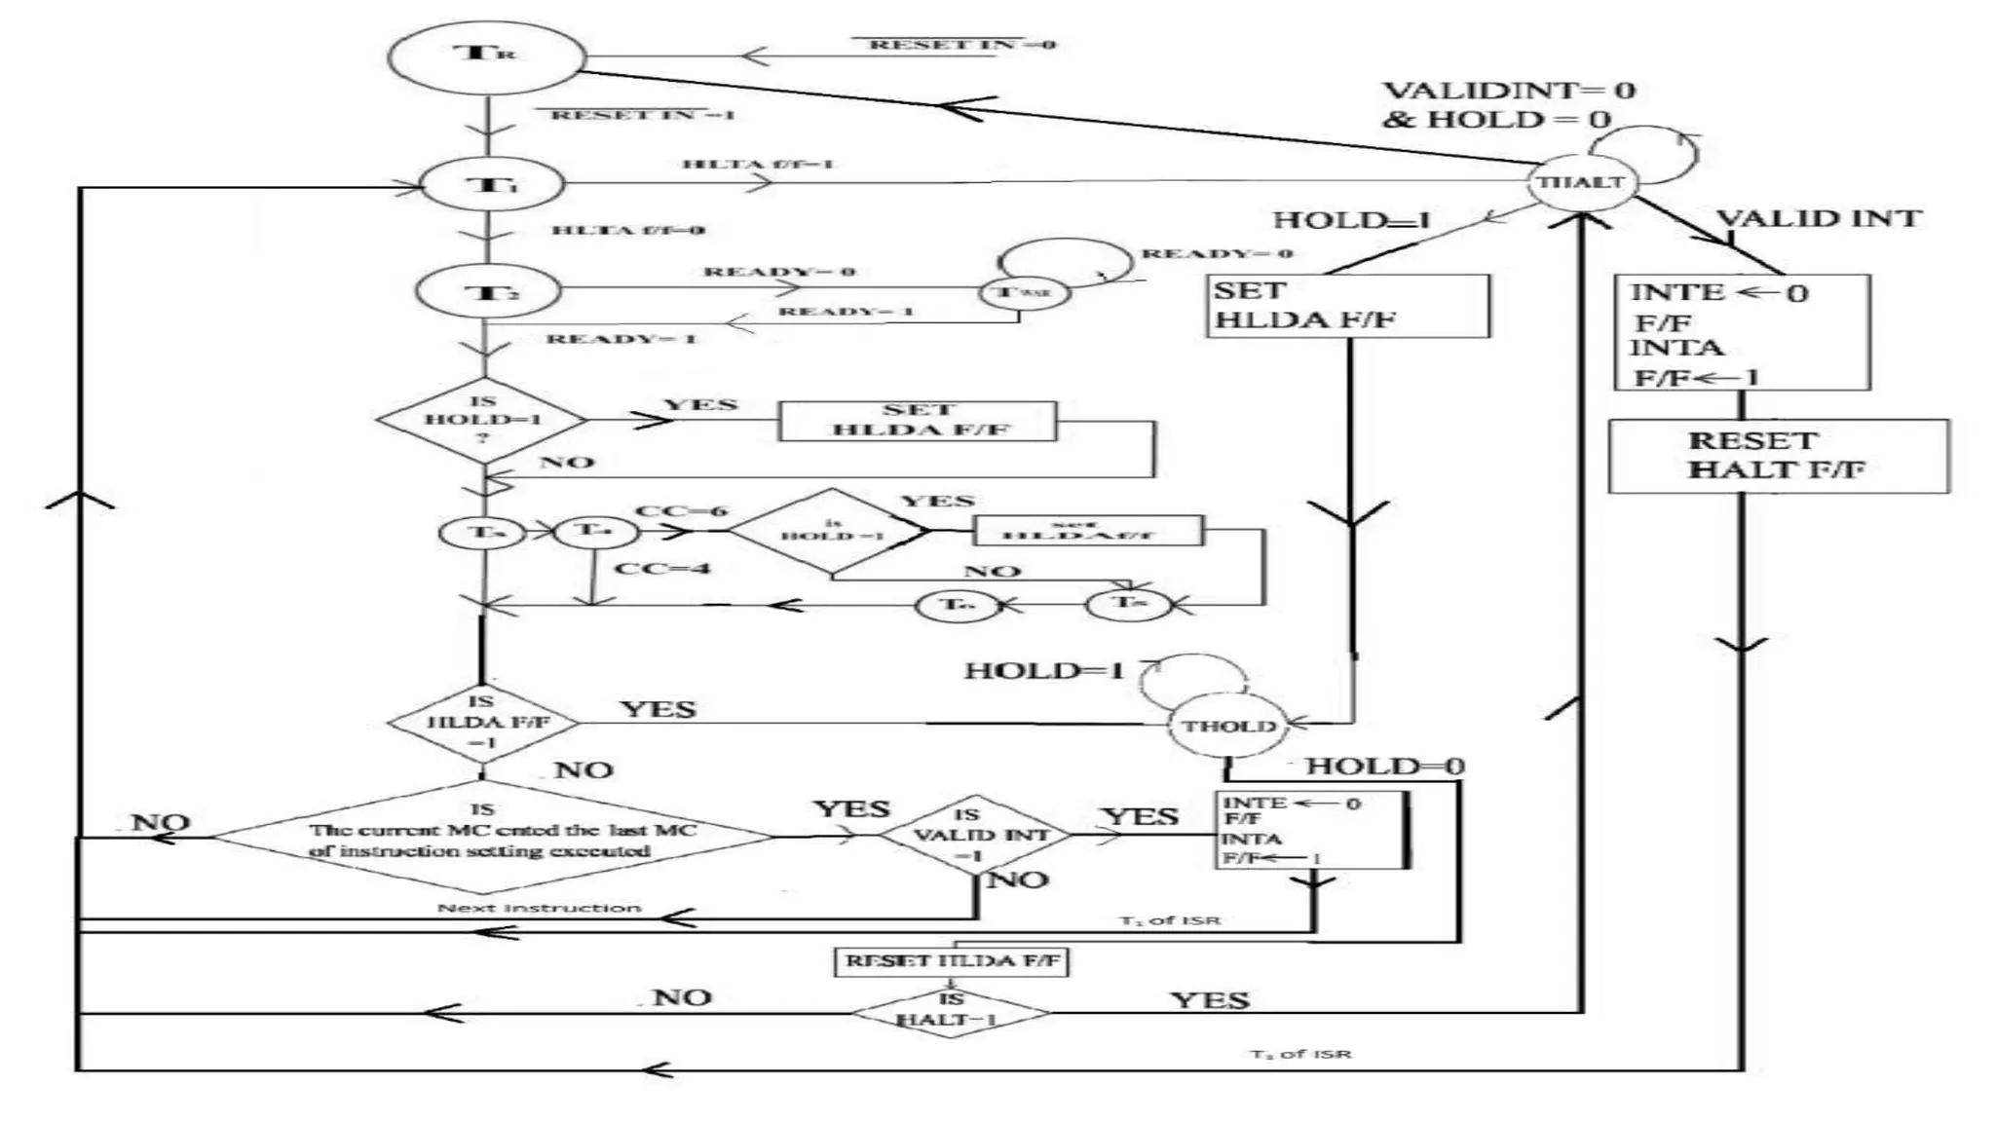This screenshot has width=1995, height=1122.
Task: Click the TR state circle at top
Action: (x=486, y=57)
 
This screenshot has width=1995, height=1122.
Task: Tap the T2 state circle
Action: (x=488, y=291)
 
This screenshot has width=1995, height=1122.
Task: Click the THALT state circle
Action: (x=1581, y=181)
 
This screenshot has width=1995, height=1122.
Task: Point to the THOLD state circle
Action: (x=1227, y=726)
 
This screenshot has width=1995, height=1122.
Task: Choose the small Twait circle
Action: (x=1024, y=292)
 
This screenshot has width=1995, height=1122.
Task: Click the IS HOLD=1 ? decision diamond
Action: (x=482, y=420)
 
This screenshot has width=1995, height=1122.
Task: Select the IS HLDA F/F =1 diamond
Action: (x=483, y=723)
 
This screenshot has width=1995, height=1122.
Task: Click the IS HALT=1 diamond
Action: (x=951, y=1013)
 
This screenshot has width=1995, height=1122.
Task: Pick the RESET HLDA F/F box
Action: (x=952, y=961)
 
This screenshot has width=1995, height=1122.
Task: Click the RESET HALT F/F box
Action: (x=1778, y=456)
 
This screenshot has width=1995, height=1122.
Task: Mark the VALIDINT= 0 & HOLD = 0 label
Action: (x=1508, y=105)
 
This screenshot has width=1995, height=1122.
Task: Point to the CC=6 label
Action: (x=681, y=511)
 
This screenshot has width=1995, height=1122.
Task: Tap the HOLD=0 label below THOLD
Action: (x=1384, y=767)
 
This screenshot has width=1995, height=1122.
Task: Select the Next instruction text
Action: (x=539, y=908)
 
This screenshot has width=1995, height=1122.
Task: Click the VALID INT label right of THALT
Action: (x=1818, y=218)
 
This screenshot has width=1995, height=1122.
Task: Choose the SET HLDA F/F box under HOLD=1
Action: (x=1348, y=306)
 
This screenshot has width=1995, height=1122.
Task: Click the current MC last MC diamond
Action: (x=492, y=838)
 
